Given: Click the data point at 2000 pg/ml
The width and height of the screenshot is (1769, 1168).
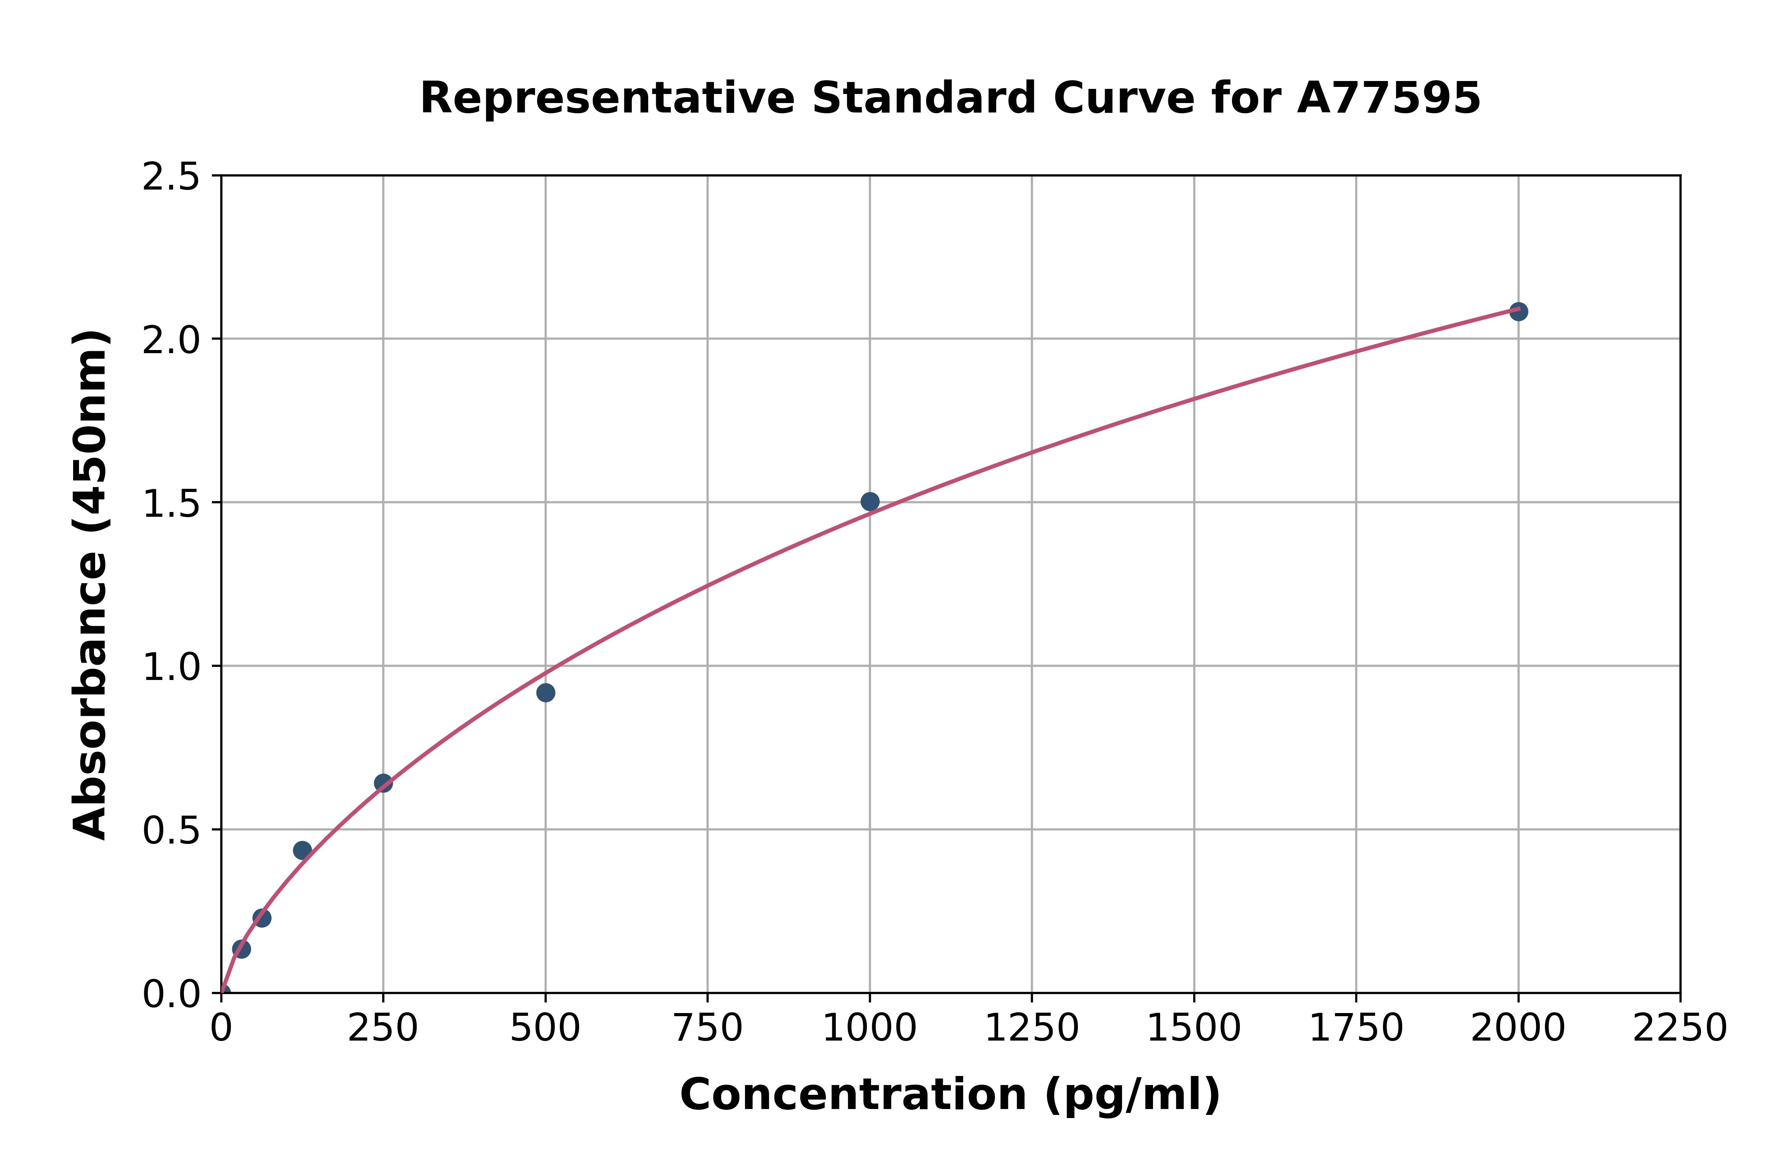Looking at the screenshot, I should pyautogui.click(x=1518, y=311).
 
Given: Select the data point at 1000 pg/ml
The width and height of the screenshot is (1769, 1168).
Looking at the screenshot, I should pyautogui.click(x=870, y=501).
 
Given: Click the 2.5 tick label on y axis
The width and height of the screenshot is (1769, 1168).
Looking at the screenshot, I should pyautogui.click(x=171, y=177).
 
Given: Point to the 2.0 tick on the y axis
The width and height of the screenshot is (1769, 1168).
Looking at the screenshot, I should pyautogui.click(x=171, y=341).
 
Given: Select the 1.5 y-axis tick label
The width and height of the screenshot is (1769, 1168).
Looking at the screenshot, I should pyautogui.click(x=171, y=504).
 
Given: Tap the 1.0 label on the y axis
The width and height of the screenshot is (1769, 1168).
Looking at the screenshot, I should pyautogui.click(x=171, y=667).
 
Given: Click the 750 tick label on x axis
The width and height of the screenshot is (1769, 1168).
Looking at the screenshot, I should pyautogui.click(x=707, y=1029).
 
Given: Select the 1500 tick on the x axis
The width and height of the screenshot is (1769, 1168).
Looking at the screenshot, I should pyautogui.click(x=1193, y=1029).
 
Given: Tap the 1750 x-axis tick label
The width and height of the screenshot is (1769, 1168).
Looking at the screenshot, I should pyautogui.click(x=1356, y=1029).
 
